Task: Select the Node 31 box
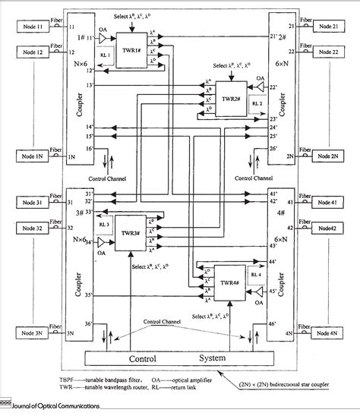[x=28, y=203]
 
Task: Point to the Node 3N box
[x=28, y=334]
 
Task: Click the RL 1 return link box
[x=105, y=55]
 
